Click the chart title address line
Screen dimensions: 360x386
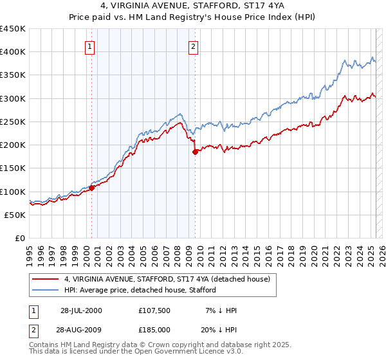coord(192,6)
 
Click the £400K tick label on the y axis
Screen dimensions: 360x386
coord(13,52)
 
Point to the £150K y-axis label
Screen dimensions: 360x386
coord(13,168)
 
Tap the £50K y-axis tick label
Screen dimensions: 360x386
coord(15,215)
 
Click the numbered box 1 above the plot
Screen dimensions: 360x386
coord(89,46)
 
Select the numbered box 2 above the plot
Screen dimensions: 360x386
coord(193,46)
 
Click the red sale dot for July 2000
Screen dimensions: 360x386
coord(91,188)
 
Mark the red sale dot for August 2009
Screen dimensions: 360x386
coord(195,152)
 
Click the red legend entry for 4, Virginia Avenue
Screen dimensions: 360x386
coord(170,280)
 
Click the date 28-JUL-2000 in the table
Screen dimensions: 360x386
coord(80,310)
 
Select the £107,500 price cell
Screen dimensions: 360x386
coord(154,310)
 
